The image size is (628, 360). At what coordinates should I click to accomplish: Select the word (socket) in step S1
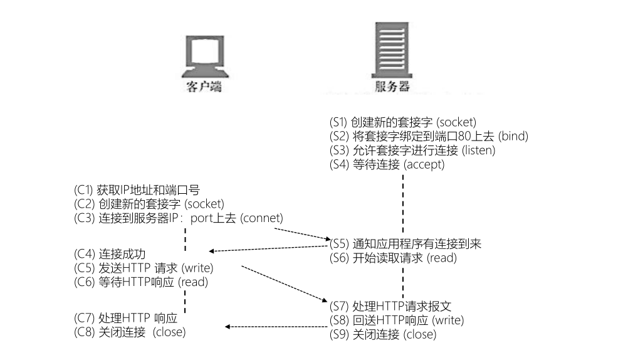click(x=455, y=122)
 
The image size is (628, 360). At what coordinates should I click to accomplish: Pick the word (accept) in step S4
click(x=424, y=165)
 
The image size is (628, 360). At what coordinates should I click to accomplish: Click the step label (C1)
click(x=85, y=190)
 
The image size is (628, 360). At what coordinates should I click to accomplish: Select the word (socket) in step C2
click(x=204, y=204)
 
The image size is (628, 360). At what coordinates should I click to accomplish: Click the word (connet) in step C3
click(x=263, y=218)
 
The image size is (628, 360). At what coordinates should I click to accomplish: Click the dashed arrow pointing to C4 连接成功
click(x=270, y=249)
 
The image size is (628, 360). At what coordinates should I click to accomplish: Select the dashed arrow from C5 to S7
click(x=282, y=284)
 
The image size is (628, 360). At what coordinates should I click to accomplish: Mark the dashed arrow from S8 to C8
click(x=276, y=327)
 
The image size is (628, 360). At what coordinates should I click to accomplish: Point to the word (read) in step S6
click(x=444, y=258)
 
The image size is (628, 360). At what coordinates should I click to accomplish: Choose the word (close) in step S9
click(x=419, y=335)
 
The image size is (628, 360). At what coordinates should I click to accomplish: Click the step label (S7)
click(x=340, y=306)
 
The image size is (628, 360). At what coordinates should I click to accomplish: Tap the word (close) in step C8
click(x=170, y=332)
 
